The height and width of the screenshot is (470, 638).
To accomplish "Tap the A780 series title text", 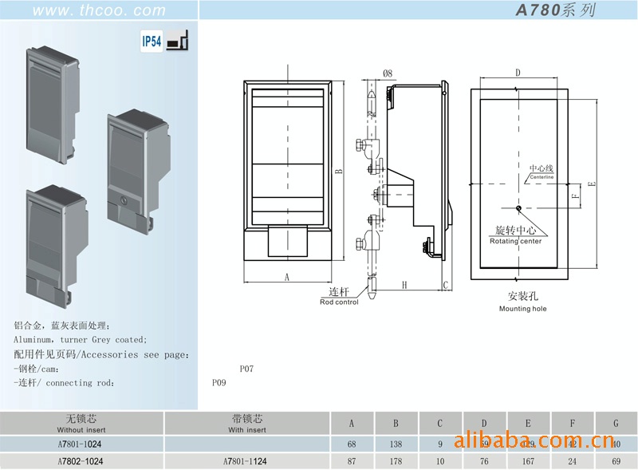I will (x=555, y=10).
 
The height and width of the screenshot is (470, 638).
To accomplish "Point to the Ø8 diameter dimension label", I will (x=388, y=73).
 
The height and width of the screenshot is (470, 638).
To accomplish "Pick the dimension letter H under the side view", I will (x=404, y=285).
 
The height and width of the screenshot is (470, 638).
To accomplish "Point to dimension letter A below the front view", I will (x=286, y=277).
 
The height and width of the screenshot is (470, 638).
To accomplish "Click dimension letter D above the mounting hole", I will (x=518, y=73).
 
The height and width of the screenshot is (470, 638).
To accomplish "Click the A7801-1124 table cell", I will (x=246, y=461).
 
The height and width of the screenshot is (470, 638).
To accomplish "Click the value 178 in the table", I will (x=396, y=461).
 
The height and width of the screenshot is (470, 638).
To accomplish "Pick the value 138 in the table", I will (x=396, y=443).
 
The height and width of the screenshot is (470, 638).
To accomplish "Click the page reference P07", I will (x=246, y=369).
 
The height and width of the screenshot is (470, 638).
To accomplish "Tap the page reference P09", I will (x=219, y=383).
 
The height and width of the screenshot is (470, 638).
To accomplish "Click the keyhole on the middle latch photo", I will (x=122, y=198).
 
